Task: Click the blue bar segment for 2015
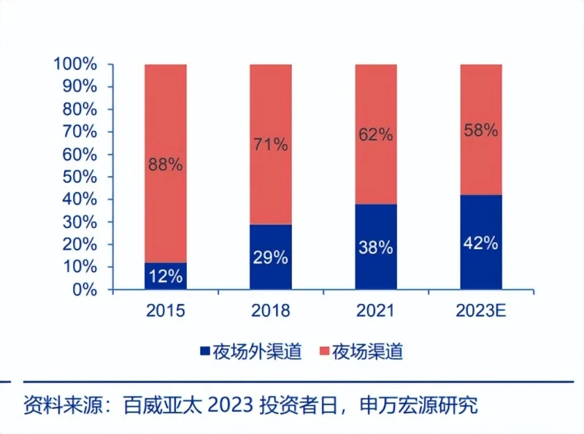coord(166,276)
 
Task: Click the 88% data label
coord(165,164)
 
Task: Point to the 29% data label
coord(271,257)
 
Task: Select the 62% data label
coord(376,134)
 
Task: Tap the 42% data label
coord(481,243)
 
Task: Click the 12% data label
coord(166,277)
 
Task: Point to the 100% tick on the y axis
coord(75,64)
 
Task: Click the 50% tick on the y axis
coord(80,177)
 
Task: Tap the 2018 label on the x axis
coord(271,311)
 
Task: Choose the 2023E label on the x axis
coord(481,311)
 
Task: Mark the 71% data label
coord(271,144)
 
